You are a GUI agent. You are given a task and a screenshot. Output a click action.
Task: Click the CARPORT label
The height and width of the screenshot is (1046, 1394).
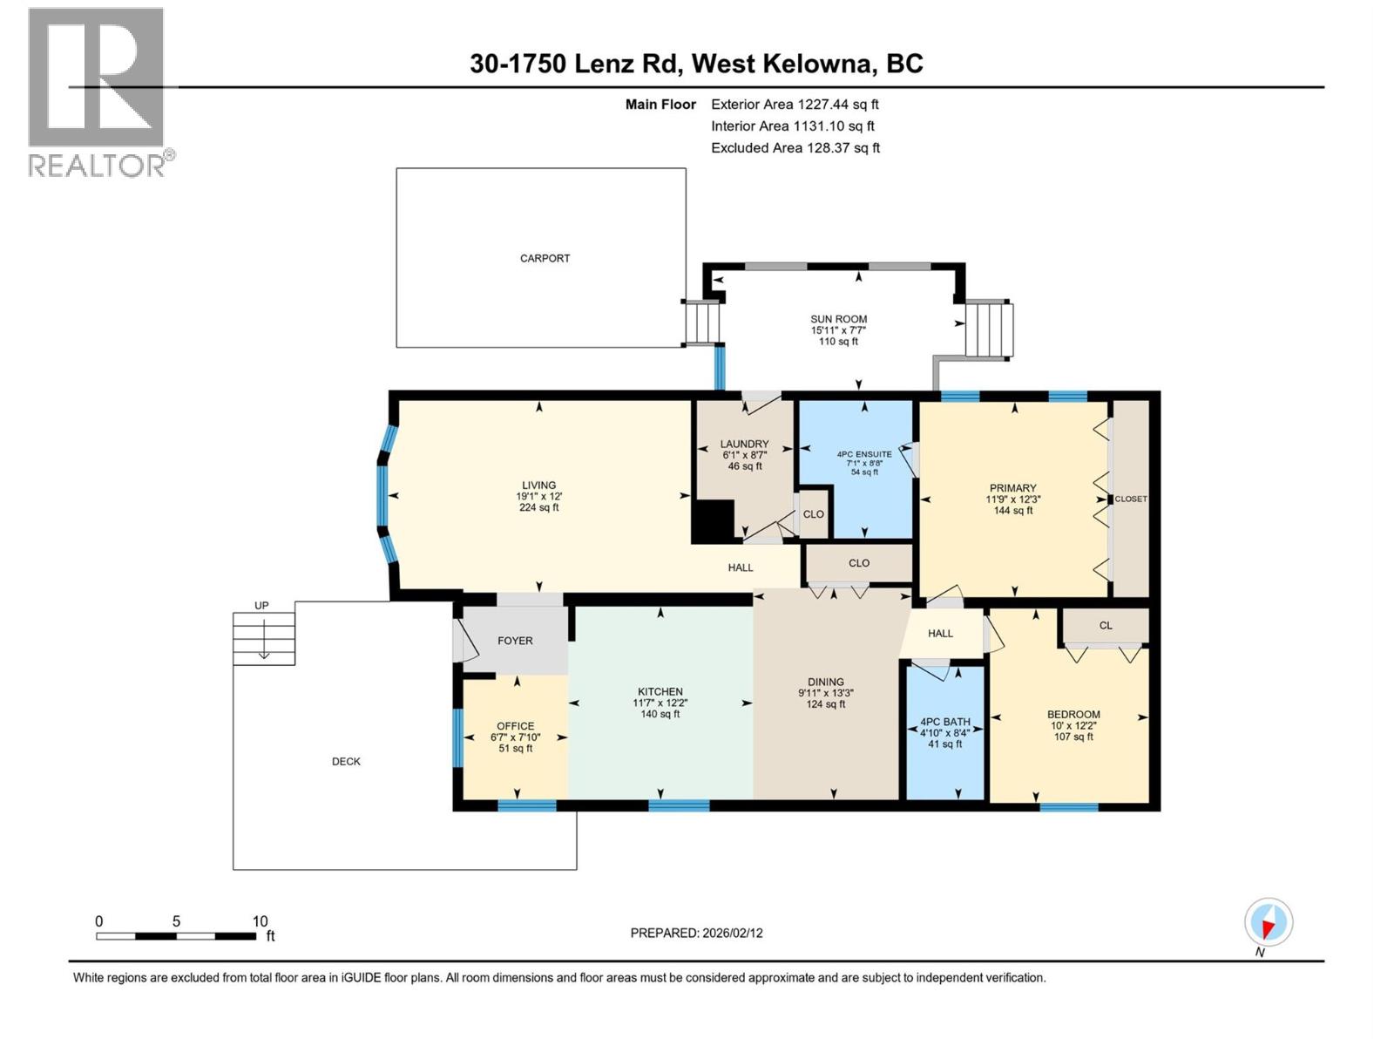pos(545,258)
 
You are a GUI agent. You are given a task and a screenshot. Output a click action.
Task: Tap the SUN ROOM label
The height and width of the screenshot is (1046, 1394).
pos(838,319)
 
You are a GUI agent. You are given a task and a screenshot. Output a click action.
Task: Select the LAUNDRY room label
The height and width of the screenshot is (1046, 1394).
pos(744,444)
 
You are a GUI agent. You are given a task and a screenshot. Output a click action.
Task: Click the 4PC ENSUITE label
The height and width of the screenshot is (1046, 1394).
pos(864,454)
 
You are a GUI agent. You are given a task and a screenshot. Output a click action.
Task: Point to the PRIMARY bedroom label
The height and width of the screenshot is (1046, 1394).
pos(1012,488)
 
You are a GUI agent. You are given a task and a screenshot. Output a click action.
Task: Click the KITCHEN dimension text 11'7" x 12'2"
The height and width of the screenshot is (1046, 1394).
pos(660,703)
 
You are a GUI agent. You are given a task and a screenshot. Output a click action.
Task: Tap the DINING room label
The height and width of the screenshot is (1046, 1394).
pos(825,682)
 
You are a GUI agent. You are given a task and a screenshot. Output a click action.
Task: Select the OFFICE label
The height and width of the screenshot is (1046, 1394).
pos(515,726)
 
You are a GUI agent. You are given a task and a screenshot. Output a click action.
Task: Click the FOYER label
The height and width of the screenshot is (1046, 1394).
pos(515,641)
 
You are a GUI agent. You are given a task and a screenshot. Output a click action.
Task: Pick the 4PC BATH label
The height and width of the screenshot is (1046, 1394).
pos(944,722)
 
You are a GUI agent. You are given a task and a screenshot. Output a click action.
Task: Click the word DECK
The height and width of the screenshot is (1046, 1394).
pos(346,761)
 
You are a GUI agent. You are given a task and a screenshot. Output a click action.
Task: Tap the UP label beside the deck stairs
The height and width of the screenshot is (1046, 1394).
pos(261,605)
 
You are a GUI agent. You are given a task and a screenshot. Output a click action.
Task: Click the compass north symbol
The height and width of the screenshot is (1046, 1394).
pos(1269,922)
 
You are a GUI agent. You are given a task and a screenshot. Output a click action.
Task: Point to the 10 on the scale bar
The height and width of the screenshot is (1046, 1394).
pos(260,921)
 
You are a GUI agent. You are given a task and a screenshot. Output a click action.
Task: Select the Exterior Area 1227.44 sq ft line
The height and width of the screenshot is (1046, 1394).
pos(795,104)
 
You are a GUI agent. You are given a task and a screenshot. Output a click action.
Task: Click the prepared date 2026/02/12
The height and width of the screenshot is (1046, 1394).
pos(732,933)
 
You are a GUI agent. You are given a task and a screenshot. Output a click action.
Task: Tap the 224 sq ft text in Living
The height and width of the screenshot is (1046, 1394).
pos(538,507)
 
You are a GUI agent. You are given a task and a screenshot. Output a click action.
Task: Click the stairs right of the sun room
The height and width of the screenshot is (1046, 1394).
pos(989,329)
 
